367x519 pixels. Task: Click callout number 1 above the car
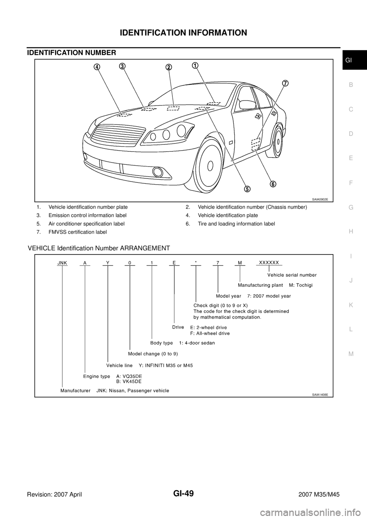coord(195,65)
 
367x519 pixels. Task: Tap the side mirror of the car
coord(247,103)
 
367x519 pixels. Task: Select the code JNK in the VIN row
coord(62,263)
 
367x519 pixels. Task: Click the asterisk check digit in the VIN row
coord(195,263)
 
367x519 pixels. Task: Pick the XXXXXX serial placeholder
coord(269,262)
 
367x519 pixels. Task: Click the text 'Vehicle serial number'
coord(292,275)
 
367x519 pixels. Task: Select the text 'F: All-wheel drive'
coord(210,333)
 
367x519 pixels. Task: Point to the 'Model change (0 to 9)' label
coord(153,354)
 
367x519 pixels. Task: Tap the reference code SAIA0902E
coord(320,199)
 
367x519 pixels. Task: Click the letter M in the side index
coord(351,354)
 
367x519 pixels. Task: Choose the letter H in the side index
coord(351,231)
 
